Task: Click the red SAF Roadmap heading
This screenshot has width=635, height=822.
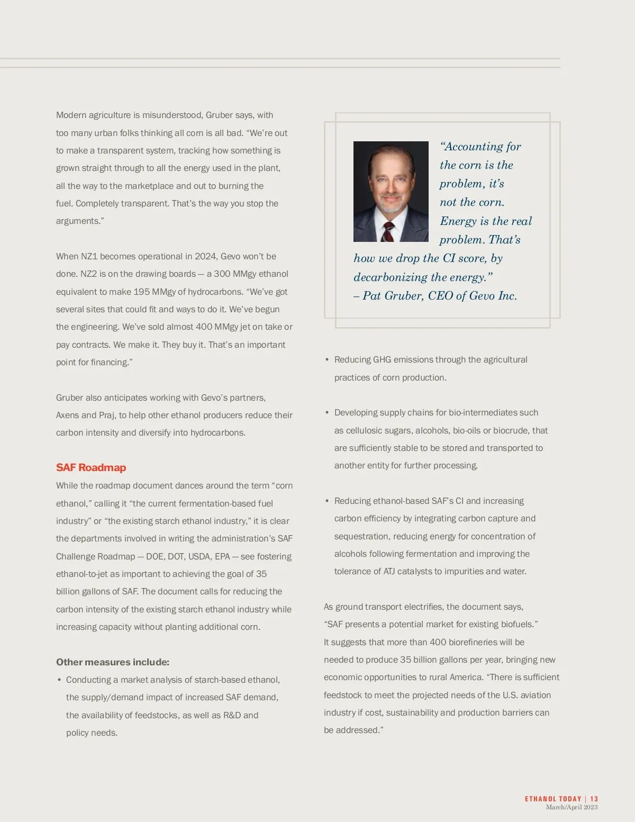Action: [x=91, y=467]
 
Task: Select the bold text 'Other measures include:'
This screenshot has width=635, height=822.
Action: [x=113, y=662]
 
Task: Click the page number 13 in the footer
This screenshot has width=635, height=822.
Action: [x=594, y=799]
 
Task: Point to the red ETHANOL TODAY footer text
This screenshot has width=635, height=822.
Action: [x=553, y=799]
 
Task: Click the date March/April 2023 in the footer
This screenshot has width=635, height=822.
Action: [x=571, y=807]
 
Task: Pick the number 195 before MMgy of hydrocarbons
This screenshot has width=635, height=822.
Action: [x=141, y=292]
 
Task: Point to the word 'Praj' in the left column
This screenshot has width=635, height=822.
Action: [x=106, y=415]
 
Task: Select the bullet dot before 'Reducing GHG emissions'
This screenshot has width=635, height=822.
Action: [x=327, y=360]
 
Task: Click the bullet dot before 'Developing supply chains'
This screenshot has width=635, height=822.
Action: [x=327, y=413]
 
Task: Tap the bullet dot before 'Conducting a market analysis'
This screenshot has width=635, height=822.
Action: [x=59, y=680]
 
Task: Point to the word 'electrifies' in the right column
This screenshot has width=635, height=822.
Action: [x=421, y=607]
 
